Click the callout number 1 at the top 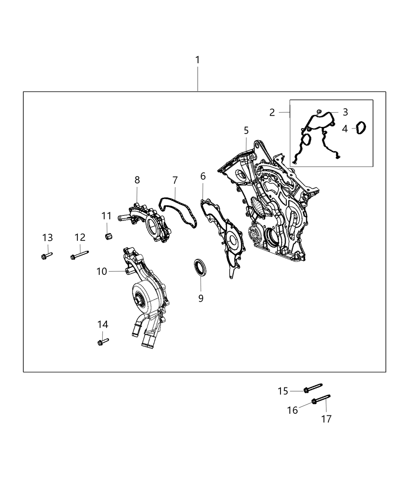[197, 60]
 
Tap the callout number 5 [246, 130]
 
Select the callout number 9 [201, 298]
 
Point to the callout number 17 [326, 419]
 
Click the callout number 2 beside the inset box [272, 112]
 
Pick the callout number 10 [101, 271]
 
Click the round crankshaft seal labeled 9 [201, 267]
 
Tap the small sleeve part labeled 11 [109, 236]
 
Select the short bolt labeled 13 [47, 256]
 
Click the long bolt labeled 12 [80, 255]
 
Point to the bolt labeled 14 [103, 342]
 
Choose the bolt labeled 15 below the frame [313, 387]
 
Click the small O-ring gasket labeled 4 [361, 128]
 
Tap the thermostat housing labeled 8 [145, 222]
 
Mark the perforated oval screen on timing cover [257, 207]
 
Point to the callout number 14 [103, 324]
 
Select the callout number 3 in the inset [345, 112]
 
